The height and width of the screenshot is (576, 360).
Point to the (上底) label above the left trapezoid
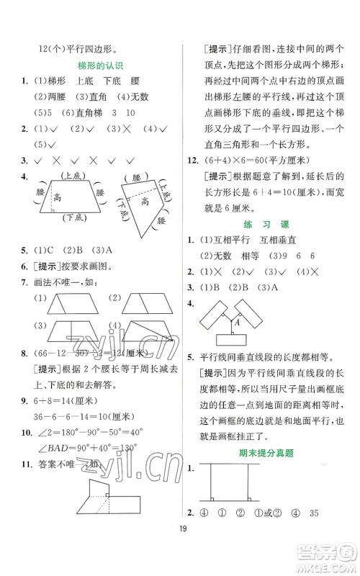click(x=71, y=176)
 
